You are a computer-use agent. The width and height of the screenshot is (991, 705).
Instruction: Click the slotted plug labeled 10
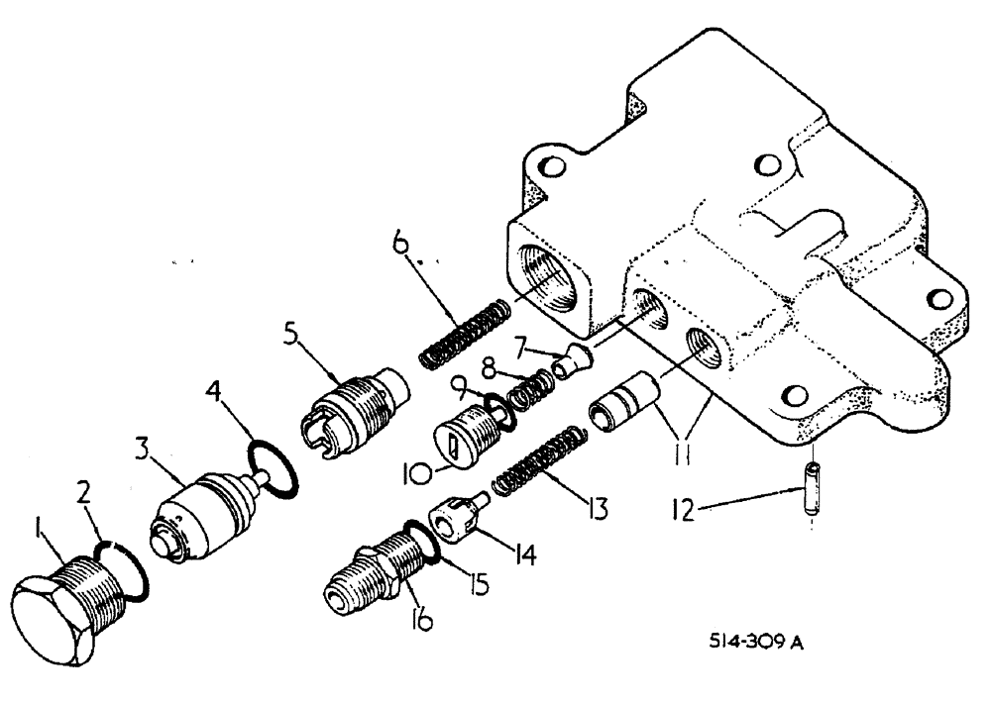click(x=461, y=436)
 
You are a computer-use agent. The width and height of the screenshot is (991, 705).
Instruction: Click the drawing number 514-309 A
click(x=753, y=643)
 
